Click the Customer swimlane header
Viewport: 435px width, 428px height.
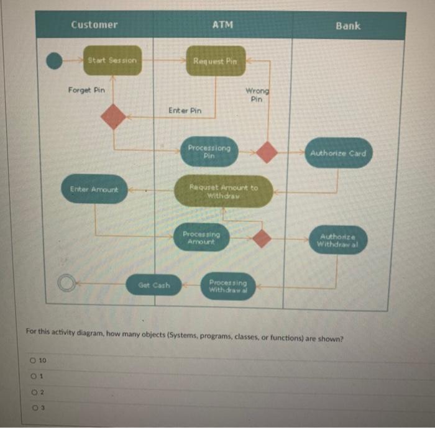[94, 25]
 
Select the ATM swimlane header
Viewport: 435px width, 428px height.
[222, 25]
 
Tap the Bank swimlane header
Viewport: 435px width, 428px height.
[347, 25]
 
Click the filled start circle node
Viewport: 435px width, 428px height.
[55, 60]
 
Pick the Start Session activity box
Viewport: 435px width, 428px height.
[112, 60]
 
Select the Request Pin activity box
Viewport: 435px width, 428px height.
[215, 61]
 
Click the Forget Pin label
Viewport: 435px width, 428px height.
[86, 90]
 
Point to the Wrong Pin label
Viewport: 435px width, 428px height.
[257, 94]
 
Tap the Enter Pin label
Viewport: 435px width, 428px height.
[185, 110]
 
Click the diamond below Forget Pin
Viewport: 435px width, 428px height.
[113, 116]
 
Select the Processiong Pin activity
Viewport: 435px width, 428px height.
[209, 152]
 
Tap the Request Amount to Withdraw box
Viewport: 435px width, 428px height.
[223, 191]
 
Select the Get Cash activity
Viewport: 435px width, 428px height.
[153, 285]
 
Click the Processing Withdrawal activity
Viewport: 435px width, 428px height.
[227, 286]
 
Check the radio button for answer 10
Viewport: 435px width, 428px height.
[30, 360]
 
